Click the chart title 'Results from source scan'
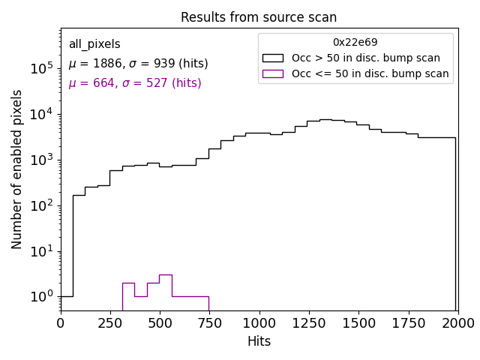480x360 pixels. pos(259,17)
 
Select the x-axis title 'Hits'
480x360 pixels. pos(259,341)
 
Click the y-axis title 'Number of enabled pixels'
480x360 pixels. pos(17,169)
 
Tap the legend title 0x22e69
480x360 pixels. pos(355,43)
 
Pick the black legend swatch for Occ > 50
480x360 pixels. pos(272,58)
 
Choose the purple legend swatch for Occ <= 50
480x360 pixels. pos(272,73)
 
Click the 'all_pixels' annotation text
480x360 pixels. pos(94,44)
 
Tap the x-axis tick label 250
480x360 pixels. pos(110,323)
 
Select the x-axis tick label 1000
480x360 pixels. pos(259,323)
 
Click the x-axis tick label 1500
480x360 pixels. pos(358,323)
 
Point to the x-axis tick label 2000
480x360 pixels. pos(457,323)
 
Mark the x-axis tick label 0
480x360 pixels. pos(61,323)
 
